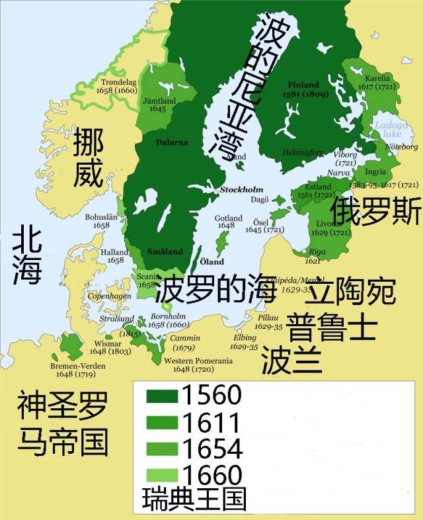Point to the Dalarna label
pos(172,142)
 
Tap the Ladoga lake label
pos(387,129)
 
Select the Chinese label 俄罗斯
pos(376,212)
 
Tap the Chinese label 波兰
pos(291,361)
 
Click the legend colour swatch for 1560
pos(161,397)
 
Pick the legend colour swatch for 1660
pos(161,475)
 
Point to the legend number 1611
pos(211,422)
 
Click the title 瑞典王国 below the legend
pos(194,500)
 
